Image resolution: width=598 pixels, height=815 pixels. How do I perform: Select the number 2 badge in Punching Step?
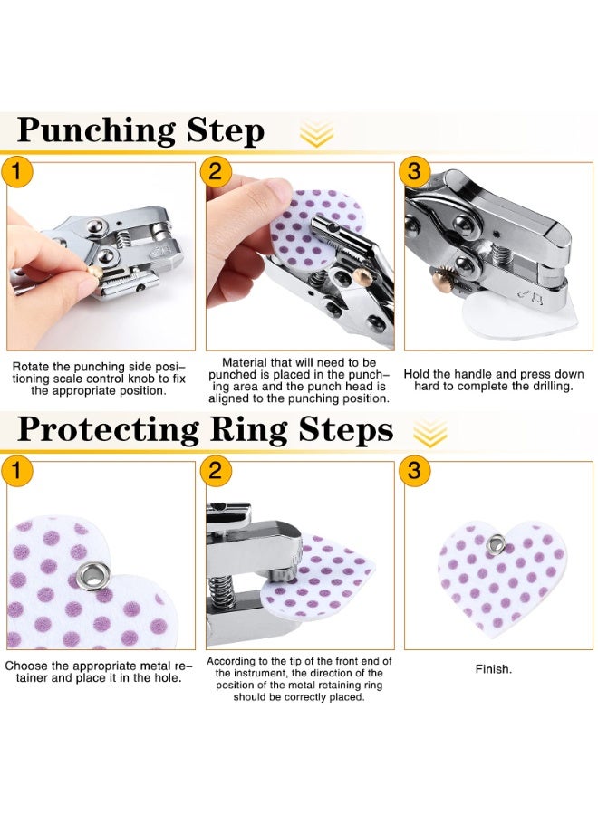[215, 171]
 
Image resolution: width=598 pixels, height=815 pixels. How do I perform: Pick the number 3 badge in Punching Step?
[414, 171]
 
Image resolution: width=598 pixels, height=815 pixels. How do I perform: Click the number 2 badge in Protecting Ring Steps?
[215, 470]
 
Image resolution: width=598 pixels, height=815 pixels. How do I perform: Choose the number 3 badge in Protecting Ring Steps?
[414, 470]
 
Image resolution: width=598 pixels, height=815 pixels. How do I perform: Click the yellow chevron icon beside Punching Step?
[316, 134]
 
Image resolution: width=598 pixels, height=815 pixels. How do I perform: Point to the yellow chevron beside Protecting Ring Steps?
[435, 432]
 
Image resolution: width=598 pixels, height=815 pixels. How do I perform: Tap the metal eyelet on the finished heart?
[496, 544]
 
